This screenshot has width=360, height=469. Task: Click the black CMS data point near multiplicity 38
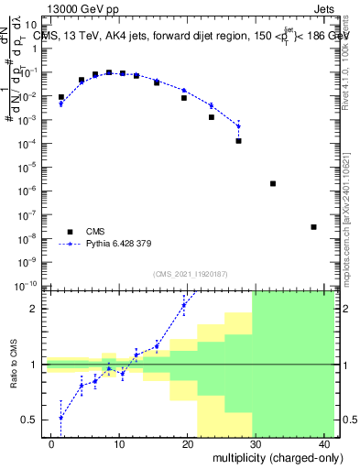coord(313,227)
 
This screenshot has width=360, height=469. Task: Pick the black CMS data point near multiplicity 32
coord(273,183)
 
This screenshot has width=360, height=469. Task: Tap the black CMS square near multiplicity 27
coord(238,141)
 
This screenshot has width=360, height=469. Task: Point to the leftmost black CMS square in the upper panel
coord(61,97)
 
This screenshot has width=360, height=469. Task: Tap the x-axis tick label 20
coord(187,442)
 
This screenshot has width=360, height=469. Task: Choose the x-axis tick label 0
coord(51,442)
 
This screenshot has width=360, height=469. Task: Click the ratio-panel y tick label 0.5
coord(30,420)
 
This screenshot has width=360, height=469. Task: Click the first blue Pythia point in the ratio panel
coord(61,418)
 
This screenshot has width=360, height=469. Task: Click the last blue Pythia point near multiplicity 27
coord(238,125)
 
